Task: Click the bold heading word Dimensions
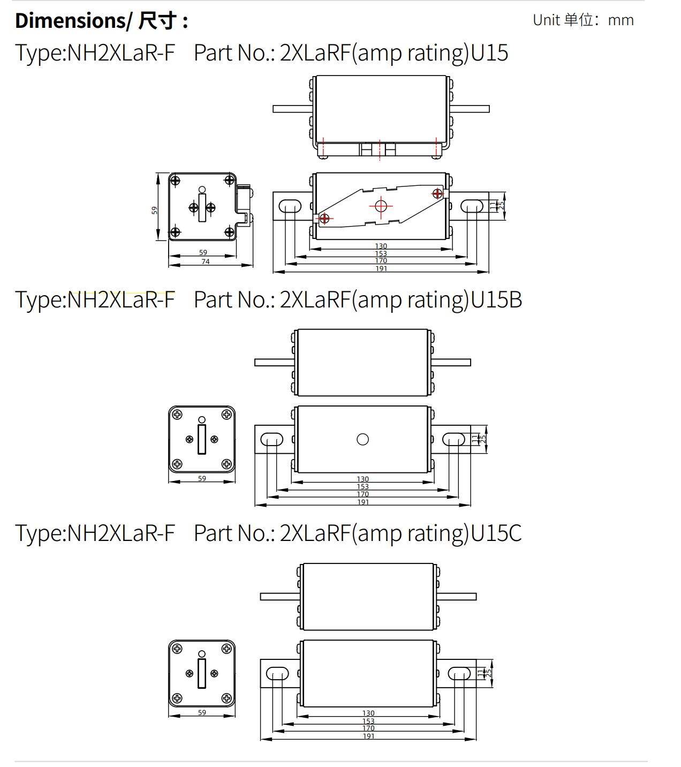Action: pyautogui.click(x=70, y=20)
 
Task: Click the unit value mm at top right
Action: pyautogui.click(x=621, y=20)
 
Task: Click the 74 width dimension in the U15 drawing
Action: pyautogui.click(x=205, y=261)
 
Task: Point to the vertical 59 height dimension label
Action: pyautogui.click(x=154, y=210)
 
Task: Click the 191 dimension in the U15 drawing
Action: pyautogui.click(x=381, y=268)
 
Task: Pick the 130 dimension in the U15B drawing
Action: pyautogui.click(x=362, y=479)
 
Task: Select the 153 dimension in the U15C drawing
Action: pyautogui.click(x=368, y=721)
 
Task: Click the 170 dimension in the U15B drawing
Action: pyautogui.click(x=362, y=494)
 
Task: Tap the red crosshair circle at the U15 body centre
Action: pyautogui.click(x=381, y=205)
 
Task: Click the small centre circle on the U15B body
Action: pyautogui.click(x=362, y=439)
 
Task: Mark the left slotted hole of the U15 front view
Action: pyautogui.click(x=290, y=206)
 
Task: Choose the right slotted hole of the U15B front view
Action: pyautogui.click(x=453, y=440)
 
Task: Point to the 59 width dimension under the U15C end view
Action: pyautogui.click(x=202, y=712)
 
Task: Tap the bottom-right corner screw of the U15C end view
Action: pyautogui.click(x=226, y=698)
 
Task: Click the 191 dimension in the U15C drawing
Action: pyautogui.click(x=368, y=736)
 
